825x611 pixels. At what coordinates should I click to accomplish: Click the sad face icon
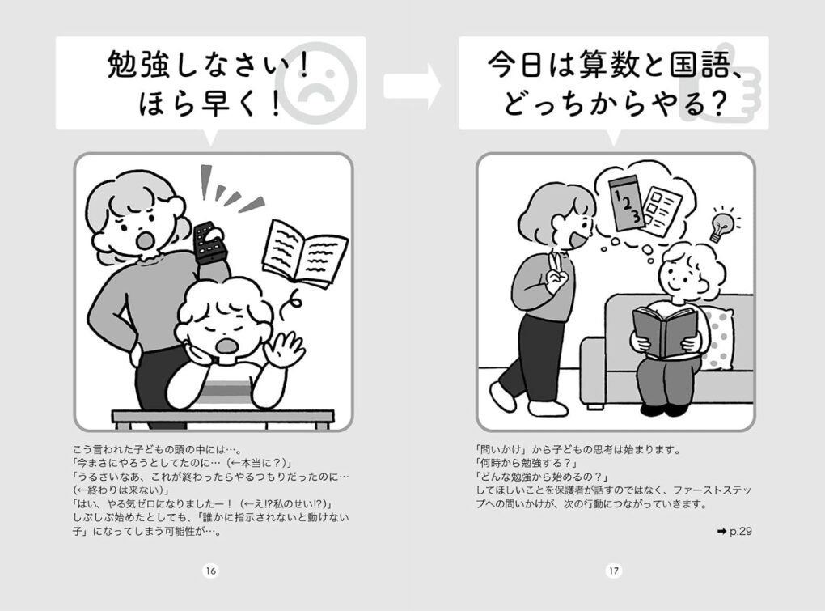[316, 84]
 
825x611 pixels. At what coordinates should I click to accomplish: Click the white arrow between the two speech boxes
[412, 87]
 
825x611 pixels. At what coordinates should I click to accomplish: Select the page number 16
[210, 571]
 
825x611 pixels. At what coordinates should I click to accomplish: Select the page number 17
[614, 571]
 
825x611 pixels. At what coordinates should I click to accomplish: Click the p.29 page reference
[734, 531]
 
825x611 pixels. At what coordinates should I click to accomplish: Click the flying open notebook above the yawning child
[305, 253]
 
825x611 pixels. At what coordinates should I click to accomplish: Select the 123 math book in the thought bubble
[625, 202]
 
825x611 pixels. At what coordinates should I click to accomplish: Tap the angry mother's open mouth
[145, 240]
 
